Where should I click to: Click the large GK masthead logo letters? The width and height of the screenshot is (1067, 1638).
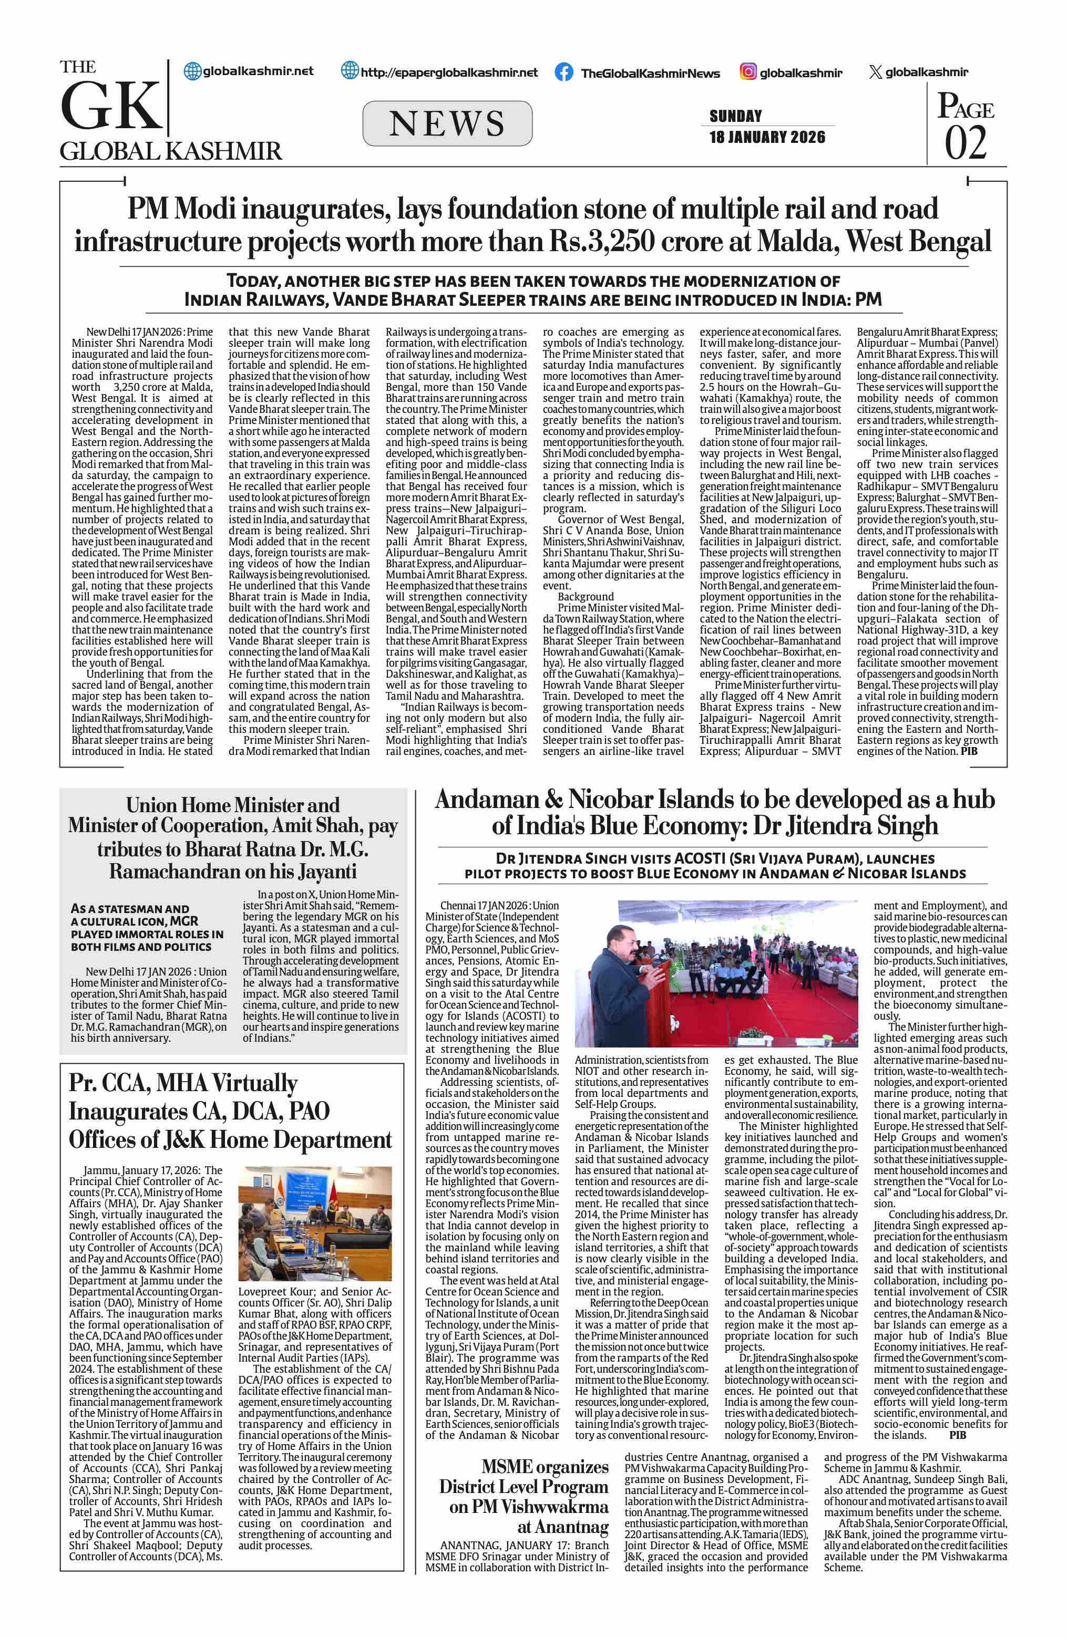110,107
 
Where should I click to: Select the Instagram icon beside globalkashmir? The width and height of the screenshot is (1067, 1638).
747,71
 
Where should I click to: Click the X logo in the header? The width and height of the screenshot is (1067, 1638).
875,72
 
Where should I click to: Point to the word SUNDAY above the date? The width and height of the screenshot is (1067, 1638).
735,116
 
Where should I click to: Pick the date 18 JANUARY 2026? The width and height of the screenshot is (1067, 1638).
767,137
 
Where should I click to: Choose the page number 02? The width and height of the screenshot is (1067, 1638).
965,142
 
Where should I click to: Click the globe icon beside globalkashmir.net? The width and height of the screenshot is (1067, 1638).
193,71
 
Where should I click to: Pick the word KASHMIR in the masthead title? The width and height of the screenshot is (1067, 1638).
227,151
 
